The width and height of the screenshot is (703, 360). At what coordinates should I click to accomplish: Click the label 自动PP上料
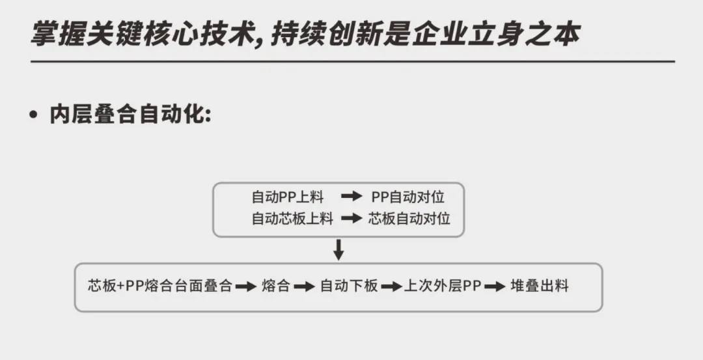click(287, 197)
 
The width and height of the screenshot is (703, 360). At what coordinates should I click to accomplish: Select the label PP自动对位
click(408, 197)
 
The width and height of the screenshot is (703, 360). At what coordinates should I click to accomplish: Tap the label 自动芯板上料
click(292, 219)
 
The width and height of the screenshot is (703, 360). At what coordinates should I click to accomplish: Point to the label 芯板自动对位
click(409, 219)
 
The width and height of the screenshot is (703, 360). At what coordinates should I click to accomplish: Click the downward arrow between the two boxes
click(338, 249)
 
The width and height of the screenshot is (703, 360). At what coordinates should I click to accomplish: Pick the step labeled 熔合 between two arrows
click(276, 286)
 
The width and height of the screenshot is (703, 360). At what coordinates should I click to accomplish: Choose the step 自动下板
click(349, 286)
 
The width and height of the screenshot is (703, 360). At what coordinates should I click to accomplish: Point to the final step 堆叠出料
click(539, 286)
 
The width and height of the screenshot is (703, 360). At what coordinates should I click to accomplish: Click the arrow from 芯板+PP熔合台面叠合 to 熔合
click(246, 286)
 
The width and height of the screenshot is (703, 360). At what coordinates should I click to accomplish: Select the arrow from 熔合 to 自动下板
click(304, 286)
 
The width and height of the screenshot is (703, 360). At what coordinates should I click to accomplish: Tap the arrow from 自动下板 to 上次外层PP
click(391, 286)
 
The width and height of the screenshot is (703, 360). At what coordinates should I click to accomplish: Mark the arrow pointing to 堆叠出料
click(495, 286)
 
